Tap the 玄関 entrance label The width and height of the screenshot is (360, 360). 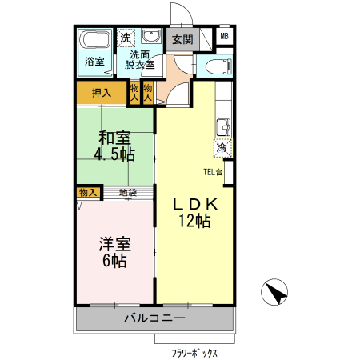(x=182, y=39)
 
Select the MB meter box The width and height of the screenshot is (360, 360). (x=224, y=36)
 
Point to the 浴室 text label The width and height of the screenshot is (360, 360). (x=94, y=62)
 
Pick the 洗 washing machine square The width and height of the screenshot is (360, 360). (x=126, y=38)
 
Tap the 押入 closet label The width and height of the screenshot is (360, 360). (x=102, y=93)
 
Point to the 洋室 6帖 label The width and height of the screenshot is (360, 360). (x=114, y=251)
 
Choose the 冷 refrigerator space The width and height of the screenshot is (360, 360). (x=222, y=147)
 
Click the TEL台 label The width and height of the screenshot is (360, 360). (x=213, y=171)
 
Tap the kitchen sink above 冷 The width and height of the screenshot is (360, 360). (x=222, y=126)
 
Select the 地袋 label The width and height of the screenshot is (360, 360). (x=127, y=193)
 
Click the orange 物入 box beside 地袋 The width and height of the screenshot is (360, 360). (x=88, y=192)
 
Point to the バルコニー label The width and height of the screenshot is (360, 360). (x=155, y=318)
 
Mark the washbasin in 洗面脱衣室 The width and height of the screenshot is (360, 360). (x=150, y=38)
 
